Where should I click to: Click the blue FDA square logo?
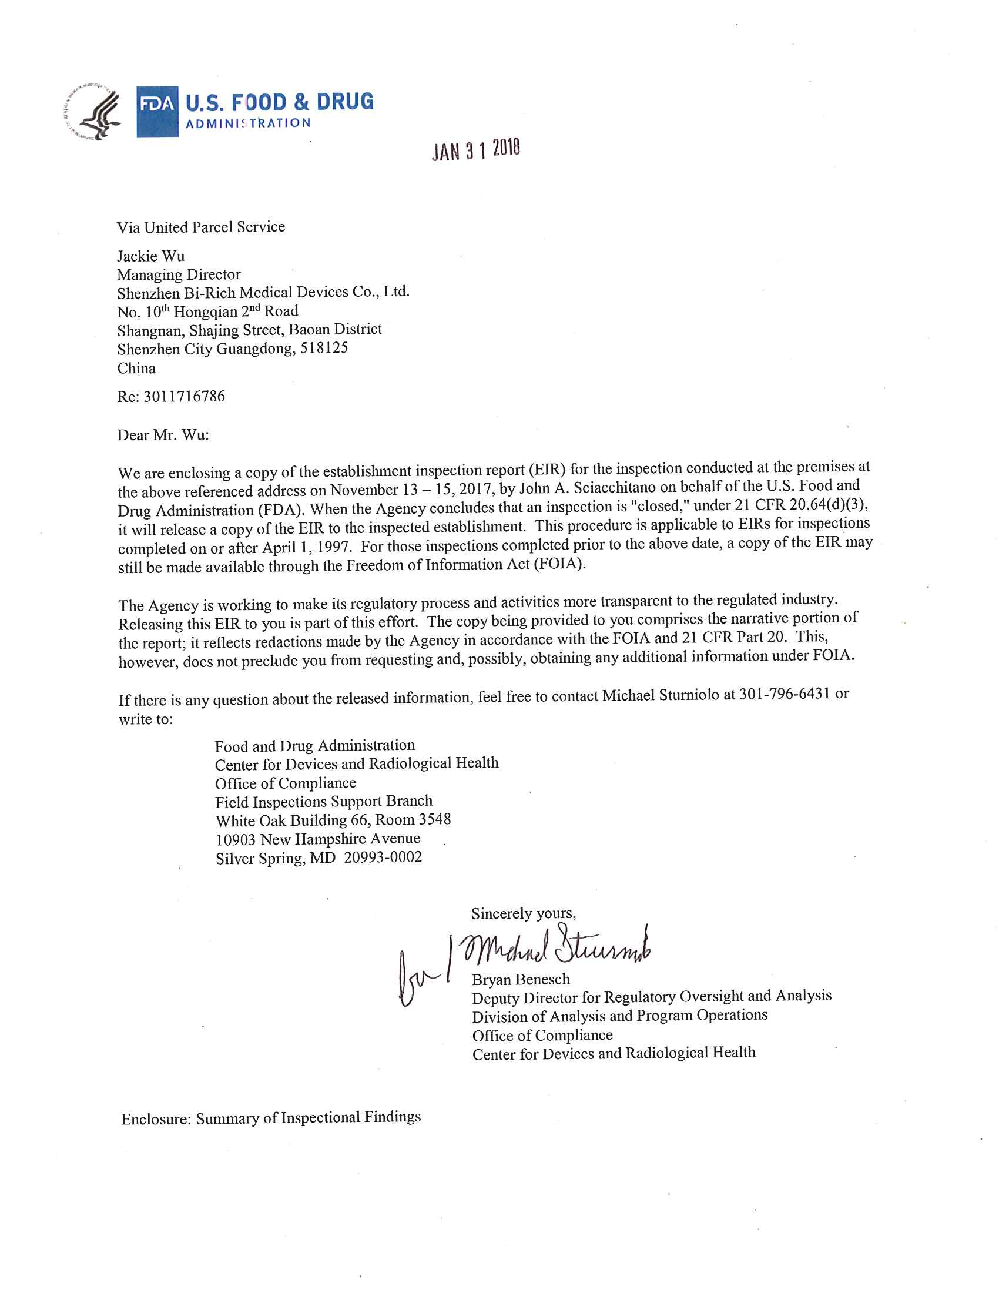tap(157, 111)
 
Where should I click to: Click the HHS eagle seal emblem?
tap(93, 110)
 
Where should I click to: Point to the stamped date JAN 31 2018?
tap(476, 150)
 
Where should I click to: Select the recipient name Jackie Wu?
tap(151, 256)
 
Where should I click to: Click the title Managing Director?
tap(179, 274)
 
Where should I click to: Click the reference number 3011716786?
tap(184, 396)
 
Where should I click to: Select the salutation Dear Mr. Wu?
tap(163, 435)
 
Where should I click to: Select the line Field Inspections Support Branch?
tap(324, 802)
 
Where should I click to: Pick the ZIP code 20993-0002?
tap(383, 857)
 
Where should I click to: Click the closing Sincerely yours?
tap(523, 913)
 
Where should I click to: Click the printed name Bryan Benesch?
tap(521, 980)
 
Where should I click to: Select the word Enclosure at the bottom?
tap(155, 1119)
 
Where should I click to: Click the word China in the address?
tap(137, 369)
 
